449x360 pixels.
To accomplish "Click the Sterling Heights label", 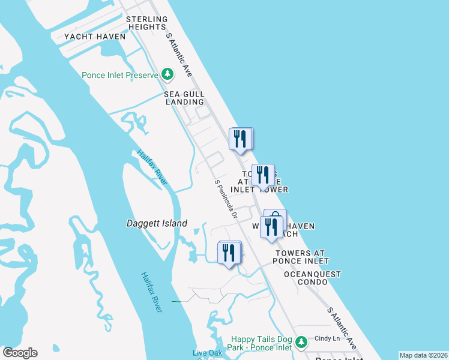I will (146, 23).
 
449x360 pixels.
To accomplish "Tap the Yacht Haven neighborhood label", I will (95, 37).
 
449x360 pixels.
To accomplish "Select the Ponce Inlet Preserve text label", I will (120, 75).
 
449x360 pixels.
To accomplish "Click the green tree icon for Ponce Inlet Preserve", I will (167, 75).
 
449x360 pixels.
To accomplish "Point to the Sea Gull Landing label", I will (184, 98).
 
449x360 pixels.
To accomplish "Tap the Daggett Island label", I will (157, 224).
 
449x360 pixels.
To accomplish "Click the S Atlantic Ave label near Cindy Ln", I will (342, 328).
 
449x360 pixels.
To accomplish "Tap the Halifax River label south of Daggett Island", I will (152, 292).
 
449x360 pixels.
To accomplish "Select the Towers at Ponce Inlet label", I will (302, 257).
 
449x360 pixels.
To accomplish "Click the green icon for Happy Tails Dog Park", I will (301, 342).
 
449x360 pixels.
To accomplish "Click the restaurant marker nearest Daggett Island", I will (229, 253).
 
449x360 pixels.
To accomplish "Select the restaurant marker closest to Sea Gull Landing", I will (240, 139).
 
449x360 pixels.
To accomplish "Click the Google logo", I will (20, 353).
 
